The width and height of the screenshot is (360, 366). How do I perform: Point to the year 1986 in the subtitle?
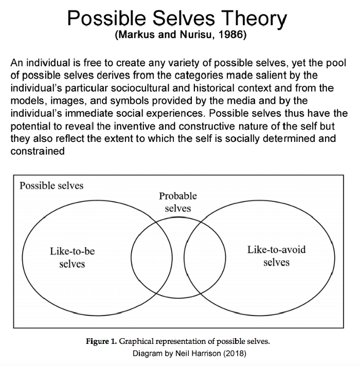234,37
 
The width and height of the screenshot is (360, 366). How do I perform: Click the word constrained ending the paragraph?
38,151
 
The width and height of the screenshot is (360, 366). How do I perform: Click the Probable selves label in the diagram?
178,202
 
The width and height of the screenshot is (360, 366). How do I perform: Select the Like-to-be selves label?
73,258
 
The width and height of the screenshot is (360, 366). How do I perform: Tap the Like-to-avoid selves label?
276,255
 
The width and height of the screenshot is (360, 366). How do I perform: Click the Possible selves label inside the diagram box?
51,186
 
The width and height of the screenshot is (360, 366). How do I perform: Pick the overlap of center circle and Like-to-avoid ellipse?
205,257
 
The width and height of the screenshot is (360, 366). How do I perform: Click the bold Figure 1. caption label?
102,341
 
